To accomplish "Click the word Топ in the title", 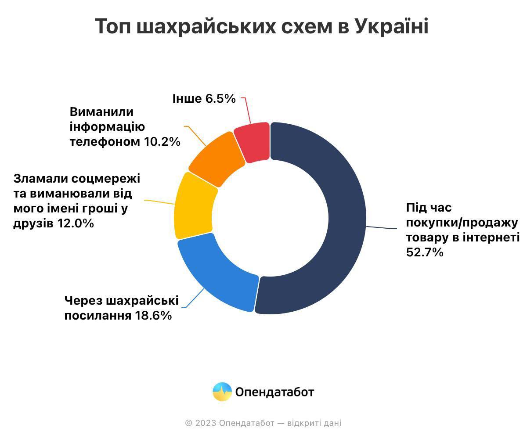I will coord(113,27).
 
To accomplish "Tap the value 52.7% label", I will coord(424,252).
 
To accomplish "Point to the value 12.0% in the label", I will coord(76,223).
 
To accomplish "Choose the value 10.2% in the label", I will coord(162,142).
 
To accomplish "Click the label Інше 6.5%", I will coord(204,99).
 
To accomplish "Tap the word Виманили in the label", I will coord(101,112).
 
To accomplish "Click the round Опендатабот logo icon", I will coord(222,392).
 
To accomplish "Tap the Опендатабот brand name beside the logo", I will coord(274,392).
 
